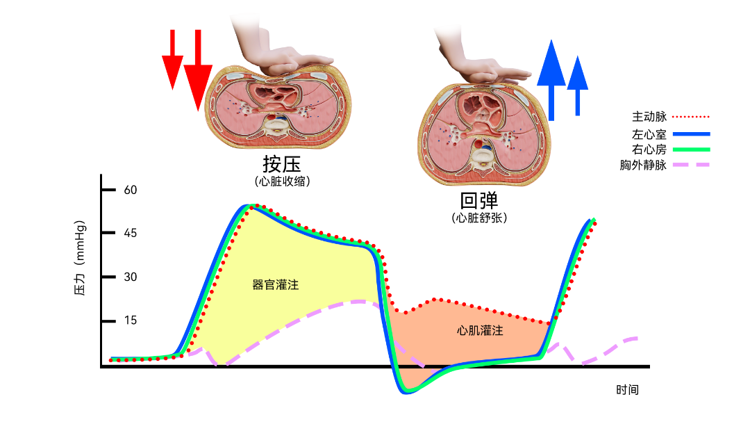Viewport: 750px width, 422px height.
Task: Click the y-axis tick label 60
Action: pyautogui.click(x=131, y=190)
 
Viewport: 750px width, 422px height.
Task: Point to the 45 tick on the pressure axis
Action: pyautogui.click(x=131, y=233)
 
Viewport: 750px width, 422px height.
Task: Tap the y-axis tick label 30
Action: pyautogui.click(x=131, y=277)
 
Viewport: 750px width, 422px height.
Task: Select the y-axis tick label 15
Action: pyautogui.click(x=131, y=320)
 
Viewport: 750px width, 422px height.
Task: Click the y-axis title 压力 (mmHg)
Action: pyautogui.click(x=79, y=258)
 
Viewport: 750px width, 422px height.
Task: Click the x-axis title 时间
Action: pyautogui.click(x=627, y=389)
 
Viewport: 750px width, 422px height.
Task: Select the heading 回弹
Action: pyautogui.click(x=479, y=201)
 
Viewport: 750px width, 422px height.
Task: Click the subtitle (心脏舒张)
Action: pyautogui.click(x=479, y=218)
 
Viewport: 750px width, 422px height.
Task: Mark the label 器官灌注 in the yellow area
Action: pyautogui.click(x=275, y=285)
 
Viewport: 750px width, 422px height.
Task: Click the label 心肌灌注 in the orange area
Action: pyautogui.click(x=480, y=331)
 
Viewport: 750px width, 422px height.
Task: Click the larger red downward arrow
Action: pyautogui.click(x=198, y=70)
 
